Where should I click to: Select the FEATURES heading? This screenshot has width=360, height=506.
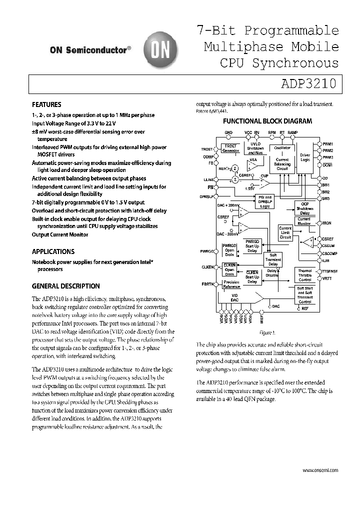pyautogui.click(x=46, y=105)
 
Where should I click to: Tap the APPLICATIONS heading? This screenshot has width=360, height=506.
pyautogui.click(x=53, y=252)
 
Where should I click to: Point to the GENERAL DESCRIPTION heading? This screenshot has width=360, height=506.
pyautogui.click(x=65, y=286)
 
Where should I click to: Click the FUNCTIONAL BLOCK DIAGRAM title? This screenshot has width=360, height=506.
pyautogui.click(x=267, y=121)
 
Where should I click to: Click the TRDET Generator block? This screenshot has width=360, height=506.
pyautogui.click(x=231, y=148)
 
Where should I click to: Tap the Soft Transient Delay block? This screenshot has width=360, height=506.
pyautogui.click(x=273, y=259)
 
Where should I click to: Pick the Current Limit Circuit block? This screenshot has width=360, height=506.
pyautogui.click(x=285, y=232)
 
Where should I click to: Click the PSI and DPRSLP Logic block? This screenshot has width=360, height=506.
pyautogui.click(x=264, y=201)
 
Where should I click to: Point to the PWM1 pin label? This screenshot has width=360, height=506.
pyautogui.click(x=328, y=144)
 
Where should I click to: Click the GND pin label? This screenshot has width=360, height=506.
pyautogui.click(x=228, y=133)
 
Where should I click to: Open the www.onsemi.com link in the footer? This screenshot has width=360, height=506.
pyautogui.click(x=320, y=470)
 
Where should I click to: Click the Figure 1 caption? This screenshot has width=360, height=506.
pyautogui.click(x=266, y=332)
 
